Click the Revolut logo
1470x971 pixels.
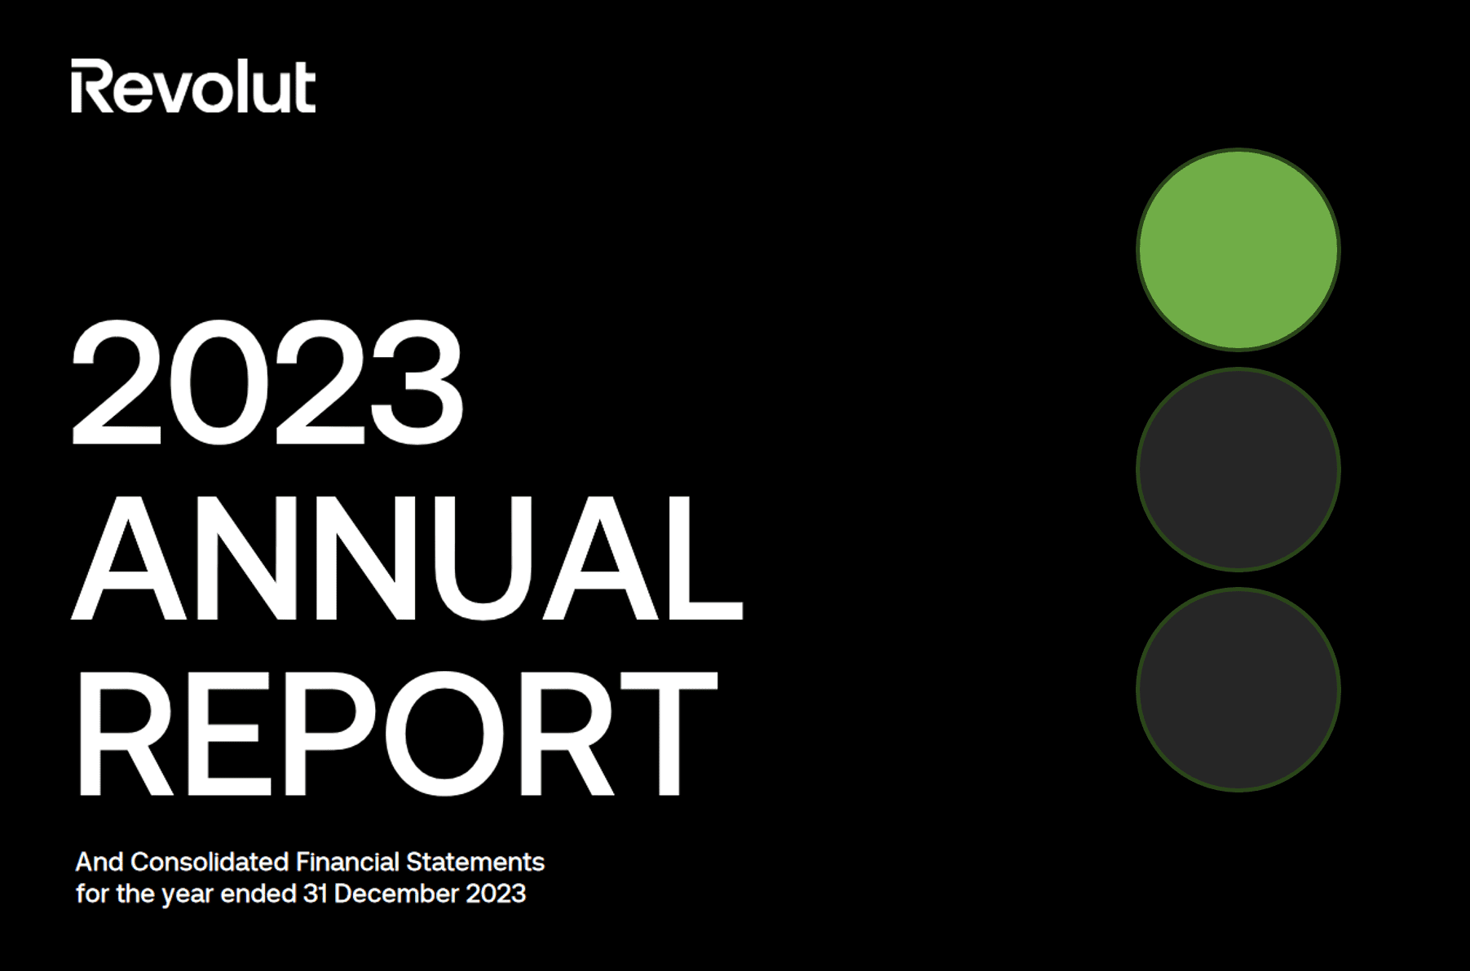(193, 86)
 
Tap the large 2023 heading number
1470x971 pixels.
(267, 382)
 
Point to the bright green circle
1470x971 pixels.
(1238, 249)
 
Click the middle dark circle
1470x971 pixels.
(1238, 469)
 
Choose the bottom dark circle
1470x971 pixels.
(1238, 689)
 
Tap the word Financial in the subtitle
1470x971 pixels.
(348, 862)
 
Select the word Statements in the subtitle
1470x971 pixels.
(475, 862)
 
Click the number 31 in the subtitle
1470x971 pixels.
(315, 894)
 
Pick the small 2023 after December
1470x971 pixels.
(496, 894)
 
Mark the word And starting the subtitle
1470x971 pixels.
(99, 862)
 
